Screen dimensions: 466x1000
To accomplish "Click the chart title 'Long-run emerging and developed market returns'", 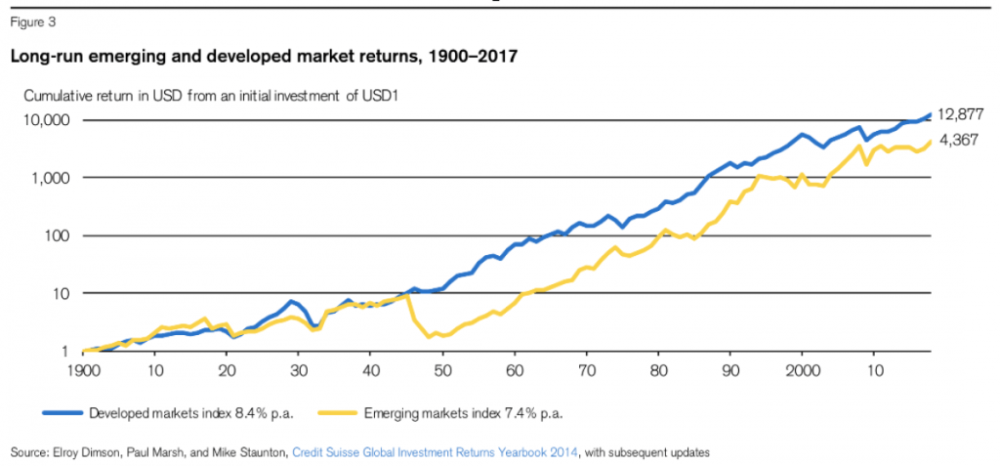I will click(263, 58).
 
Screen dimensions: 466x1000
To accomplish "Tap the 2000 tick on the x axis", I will click(802, 371).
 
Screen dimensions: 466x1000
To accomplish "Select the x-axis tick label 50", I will click(442, 371).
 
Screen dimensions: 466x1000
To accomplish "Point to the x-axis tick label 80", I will click(658, 371).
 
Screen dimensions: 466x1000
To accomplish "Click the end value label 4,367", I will click(959, 140).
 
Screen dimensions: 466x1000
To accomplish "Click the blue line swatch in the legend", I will click(61, 413).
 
